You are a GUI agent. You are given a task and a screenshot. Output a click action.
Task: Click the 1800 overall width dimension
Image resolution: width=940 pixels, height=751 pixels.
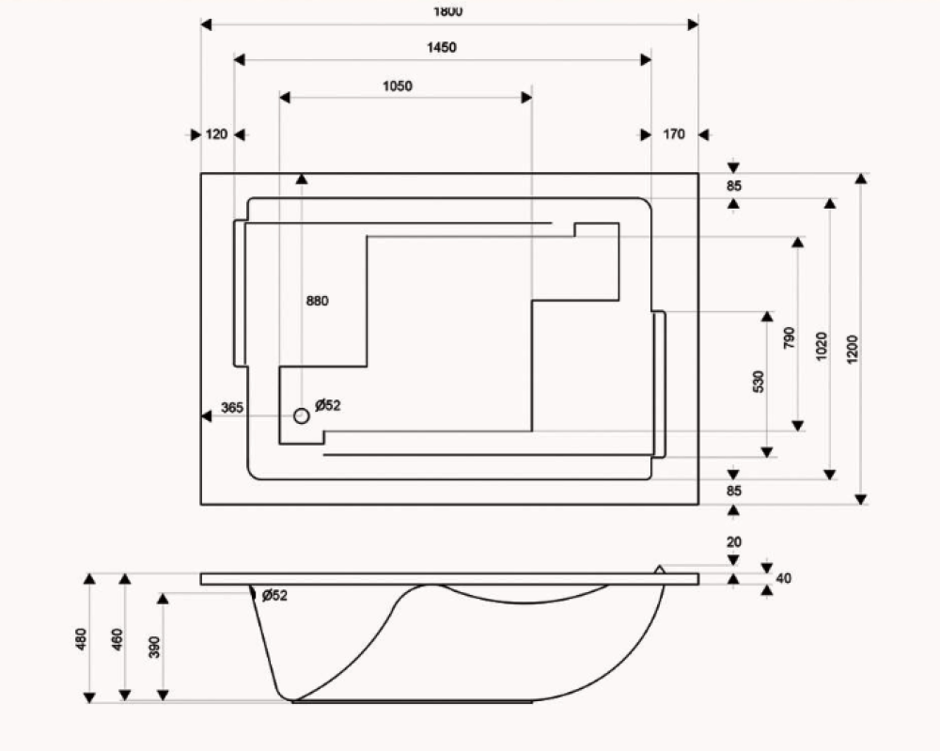pyautogui.click(x=449, y=11)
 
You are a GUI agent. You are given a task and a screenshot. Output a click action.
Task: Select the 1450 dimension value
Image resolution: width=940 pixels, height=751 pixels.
pyautogui.click(x=441, y=48)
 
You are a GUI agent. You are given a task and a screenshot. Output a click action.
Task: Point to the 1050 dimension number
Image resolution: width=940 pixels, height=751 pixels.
pyautogui.click(x=397, y=86)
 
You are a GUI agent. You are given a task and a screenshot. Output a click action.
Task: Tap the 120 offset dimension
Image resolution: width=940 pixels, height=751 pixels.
pyautogui.click(x=216, y=134)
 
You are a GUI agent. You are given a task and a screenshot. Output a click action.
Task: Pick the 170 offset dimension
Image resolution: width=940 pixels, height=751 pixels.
pyautogui.click(x=674, y=134)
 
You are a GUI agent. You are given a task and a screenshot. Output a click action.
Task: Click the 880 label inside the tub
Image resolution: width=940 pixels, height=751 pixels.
pyautogui.click(x=318, y=301)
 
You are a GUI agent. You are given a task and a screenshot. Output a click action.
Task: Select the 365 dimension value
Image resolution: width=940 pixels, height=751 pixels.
pyautogui.click(x=232, y=407)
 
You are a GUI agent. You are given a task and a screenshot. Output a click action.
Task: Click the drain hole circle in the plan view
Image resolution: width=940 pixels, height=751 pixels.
pyautogui.click(x=301, y=415)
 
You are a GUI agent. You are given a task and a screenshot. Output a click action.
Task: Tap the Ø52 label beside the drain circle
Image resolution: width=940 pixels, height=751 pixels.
pyautogui.click(x=328, y=405)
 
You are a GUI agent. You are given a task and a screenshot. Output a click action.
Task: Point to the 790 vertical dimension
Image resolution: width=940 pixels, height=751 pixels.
pyautogui.click(x=789, y=337)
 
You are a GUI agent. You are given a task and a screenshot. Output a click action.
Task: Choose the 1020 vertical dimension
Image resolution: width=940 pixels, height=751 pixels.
pyautogui.click(x=822, y=347)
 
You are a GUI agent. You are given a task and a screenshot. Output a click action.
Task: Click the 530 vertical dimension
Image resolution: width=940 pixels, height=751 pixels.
pyautogui.click(x=759, y=381)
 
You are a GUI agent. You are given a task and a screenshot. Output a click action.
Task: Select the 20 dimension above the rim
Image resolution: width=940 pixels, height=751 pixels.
pyautogui.click(x=733, y=542)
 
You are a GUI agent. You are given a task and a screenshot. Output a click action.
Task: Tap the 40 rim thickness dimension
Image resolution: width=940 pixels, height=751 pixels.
pyautogui.click(x=784, y=578)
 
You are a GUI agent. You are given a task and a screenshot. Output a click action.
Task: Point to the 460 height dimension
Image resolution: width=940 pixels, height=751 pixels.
pyautogui.click(x=117, y=639)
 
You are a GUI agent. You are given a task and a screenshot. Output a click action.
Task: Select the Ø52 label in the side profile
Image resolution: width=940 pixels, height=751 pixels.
pyautogui.click(x=274, y=595)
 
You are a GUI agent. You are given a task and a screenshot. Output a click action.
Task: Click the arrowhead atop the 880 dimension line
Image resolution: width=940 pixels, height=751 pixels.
pyautogui.click(x=301, y=178)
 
